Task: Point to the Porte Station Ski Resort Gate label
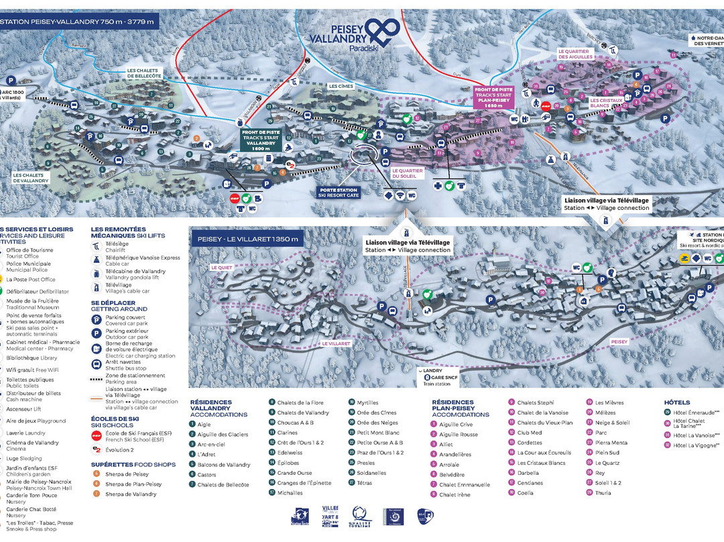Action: click(339, 193)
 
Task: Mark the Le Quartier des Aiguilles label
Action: click(573, 54)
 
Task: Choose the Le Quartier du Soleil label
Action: click(408, 173)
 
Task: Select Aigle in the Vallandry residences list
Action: click(204, 424)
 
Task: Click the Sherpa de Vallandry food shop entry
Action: click(131, 494)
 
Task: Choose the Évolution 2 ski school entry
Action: click(121, 449)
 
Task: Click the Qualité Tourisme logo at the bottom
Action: click(360, 517)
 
